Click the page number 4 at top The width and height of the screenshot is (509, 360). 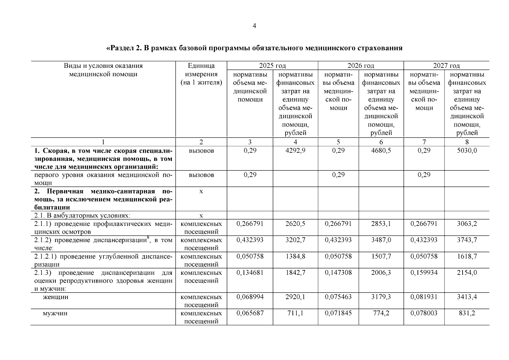(x=254, y=26)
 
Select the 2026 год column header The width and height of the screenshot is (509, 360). (x=361, y=65)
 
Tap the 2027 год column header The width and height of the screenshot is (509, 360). (x=446, y=65)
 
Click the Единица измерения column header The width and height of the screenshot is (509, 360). (x=201, y=74)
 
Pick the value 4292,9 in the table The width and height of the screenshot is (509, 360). (x=295, y=150)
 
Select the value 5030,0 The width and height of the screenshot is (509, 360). (x=467, y=150)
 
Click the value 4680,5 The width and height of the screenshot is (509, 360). (x=381, y=150)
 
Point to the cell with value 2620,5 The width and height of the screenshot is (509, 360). (x=295, y=223)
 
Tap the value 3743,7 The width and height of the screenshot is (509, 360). (x=467, y=240)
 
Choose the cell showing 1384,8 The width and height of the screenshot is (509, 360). (x=295, y=256)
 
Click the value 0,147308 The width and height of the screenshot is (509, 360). (x=338, y=272)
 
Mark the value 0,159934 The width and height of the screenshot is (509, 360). (x=424, y=272)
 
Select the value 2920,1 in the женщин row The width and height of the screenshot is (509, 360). (x=295, y=297)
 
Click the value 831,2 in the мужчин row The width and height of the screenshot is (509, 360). (x=467, y=313)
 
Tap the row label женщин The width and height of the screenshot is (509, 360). (x=55, y=297)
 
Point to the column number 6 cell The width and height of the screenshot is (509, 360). (x=381, y=142)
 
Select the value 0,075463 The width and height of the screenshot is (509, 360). (x=338, y=297)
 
